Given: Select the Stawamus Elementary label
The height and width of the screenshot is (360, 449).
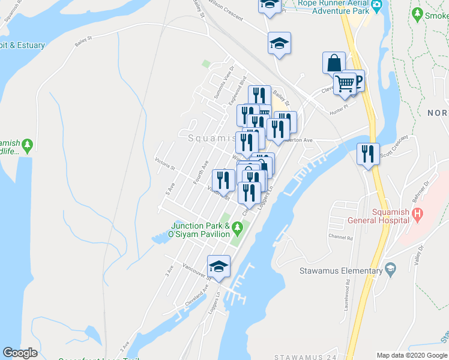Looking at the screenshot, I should pos(340,271).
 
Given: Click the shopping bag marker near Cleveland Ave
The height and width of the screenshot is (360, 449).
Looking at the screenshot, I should pos(334,62).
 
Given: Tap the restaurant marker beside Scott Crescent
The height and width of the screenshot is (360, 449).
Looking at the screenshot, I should pos(368,153).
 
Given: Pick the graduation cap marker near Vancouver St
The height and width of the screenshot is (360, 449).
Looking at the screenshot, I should pos(218,266).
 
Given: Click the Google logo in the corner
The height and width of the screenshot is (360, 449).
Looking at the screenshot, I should pos(20,353).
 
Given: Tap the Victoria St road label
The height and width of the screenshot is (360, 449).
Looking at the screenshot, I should pos(164,163).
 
